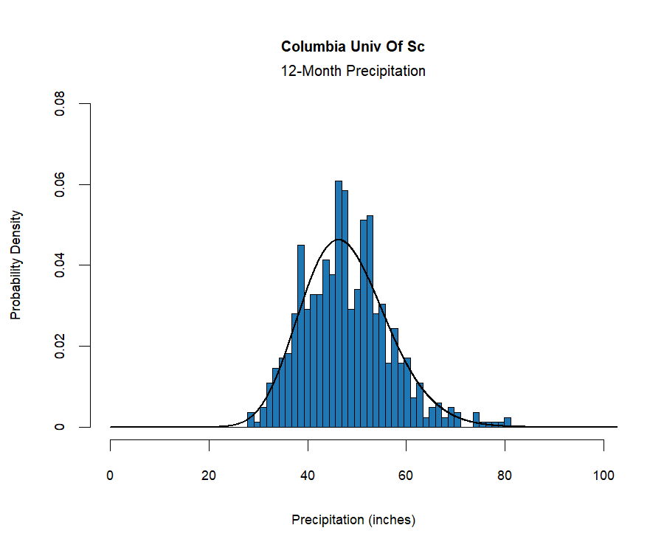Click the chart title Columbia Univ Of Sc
click(353, 47)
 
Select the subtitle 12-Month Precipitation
click(353, 72)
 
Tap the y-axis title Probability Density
click(15, 265)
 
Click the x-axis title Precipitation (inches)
click(353, 520)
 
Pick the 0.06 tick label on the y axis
click(60, 184)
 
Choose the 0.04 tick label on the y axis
click(60, 265)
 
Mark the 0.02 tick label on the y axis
click(60, 346)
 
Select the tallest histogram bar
click(339, 302)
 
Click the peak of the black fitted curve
click(339, 240)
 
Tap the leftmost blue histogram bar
click(251, 420)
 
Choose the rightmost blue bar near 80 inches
click(508, 422)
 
